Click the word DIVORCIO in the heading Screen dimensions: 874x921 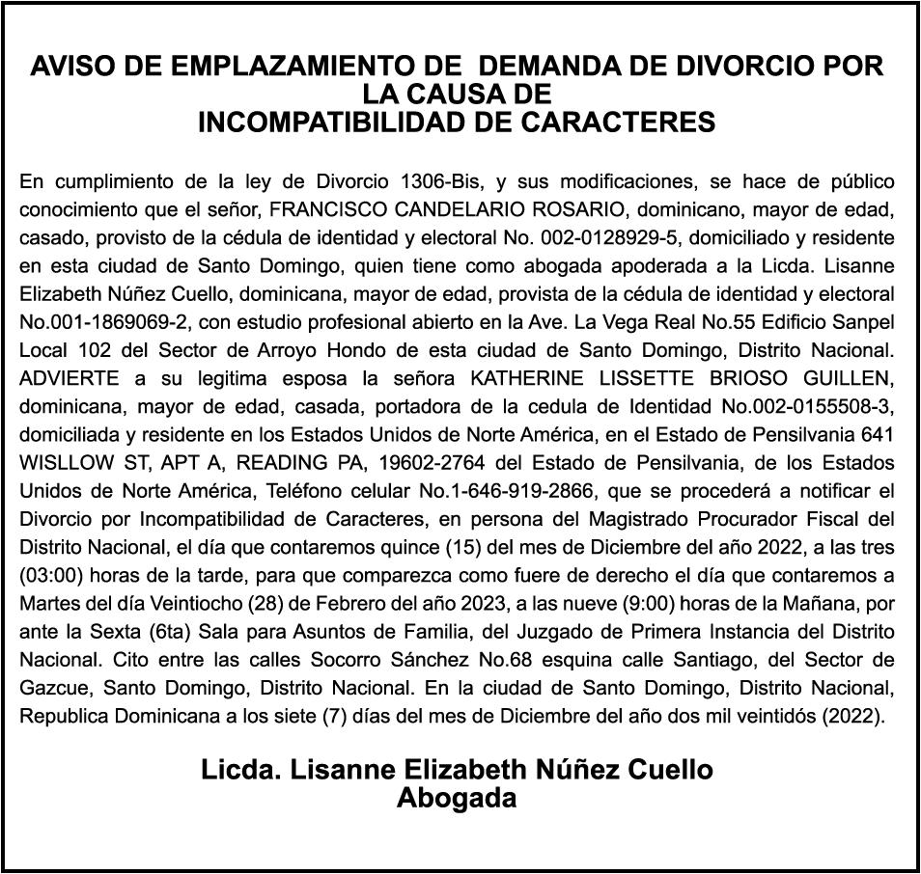740,67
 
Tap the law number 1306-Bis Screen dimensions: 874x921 446,181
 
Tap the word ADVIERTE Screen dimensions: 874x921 65,376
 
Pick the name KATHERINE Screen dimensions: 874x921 524,376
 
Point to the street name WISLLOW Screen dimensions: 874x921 65,460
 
